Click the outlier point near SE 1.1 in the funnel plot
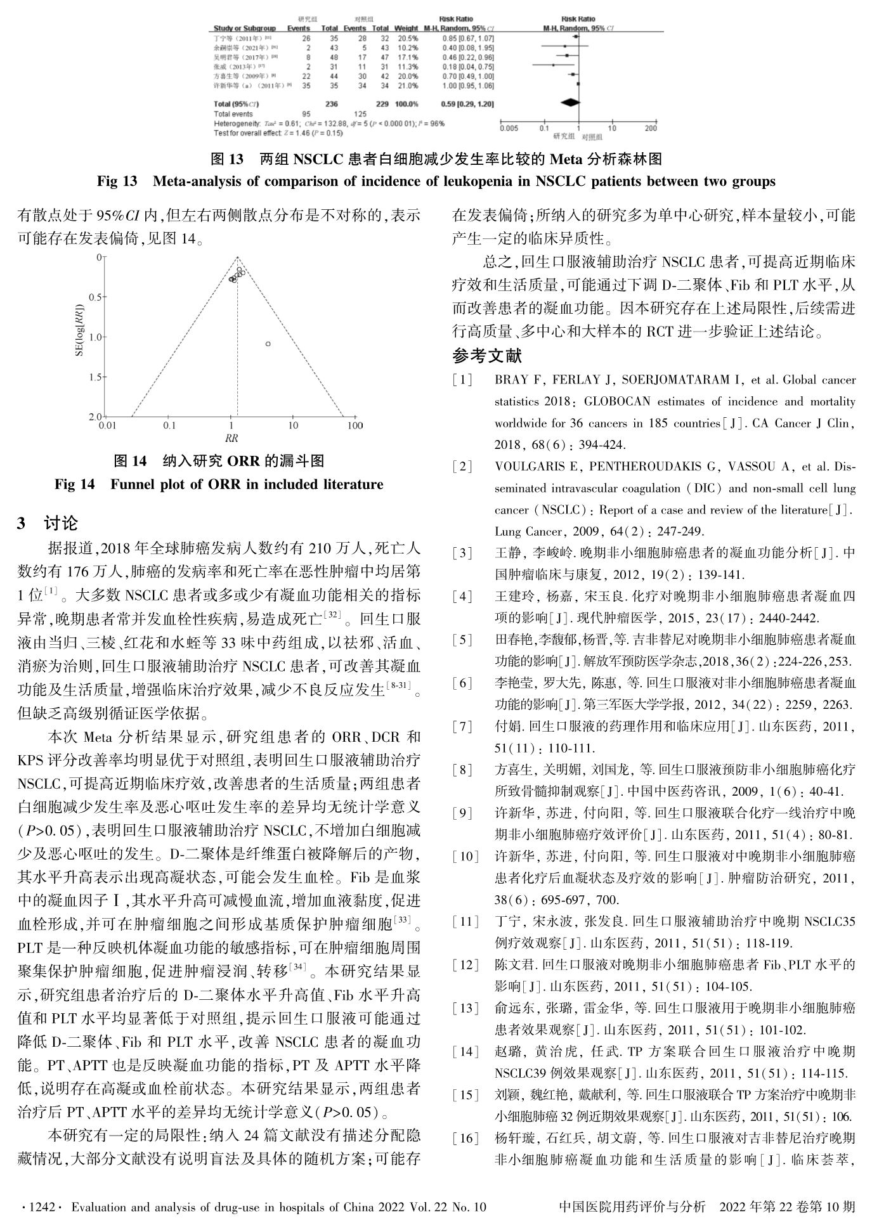tap(268, 344)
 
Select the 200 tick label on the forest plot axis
tap(651, 129)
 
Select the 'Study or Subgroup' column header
tap(245, 29)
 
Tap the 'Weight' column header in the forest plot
tap(406, 29)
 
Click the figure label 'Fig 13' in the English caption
tap(117, 181)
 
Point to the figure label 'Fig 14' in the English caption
tap(74, 484)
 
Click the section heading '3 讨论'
tap(48, 523)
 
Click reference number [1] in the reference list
tap(462, 380)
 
